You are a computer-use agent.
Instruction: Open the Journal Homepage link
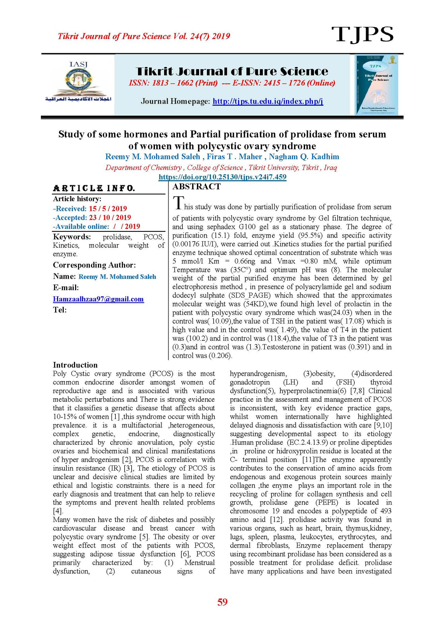[268, 101]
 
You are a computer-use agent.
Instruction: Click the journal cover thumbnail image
[376, 84]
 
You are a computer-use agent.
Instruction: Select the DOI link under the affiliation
[222, 177]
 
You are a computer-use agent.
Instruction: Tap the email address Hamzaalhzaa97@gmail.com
[98, 299]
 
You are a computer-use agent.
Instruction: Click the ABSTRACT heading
[196, 187]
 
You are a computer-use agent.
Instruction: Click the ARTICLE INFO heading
[94, 188]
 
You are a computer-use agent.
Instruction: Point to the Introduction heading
[75, 365]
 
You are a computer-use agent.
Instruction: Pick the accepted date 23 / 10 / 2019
[110, 217]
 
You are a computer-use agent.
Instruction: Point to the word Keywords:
[72, 237]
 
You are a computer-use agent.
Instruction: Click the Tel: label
[60, 310]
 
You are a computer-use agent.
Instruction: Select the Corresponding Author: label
[94, 265]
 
